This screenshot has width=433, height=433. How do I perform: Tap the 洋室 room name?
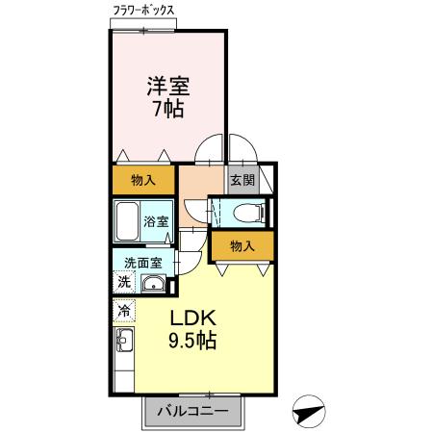click(x=167, y=86)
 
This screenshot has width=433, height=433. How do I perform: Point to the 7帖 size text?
click(x=167, y=109)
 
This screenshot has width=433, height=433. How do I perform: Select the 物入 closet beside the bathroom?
click(x=143, y=180)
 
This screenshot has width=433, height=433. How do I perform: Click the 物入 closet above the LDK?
click(x=242, y=246)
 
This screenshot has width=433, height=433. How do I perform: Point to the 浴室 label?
click(x=156, y=222)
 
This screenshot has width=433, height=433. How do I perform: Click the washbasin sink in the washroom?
click(x=152, y=284)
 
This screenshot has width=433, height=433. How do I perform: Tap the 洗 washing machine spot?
click(x=123, y=282)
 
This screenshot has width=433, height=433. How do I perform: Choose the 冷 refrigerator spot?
click(x=123, y=312)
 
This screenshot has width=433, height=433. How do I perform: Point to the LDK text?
click(x=195, y=318)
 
